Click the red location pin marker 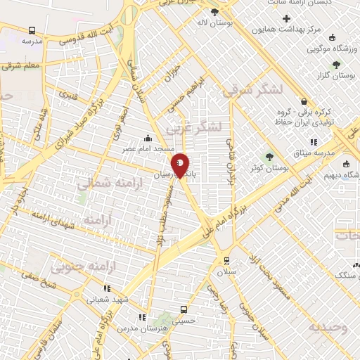click(181, 165)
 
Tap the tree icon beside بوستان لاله click(214, 12)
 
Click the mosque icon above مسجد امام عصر click(148, 139)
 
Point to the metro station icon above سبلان click(226, 258)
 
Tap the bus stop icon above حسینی click(184, 309)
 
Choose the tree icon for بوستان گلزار click(335, 65)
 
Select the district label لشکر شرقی click(252, 89)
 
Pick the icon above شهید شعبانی click(107, 288)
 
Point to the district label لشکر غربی click(194, 128)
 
